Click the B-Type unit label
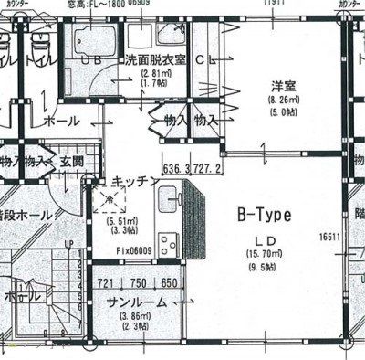coord(263,216)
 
